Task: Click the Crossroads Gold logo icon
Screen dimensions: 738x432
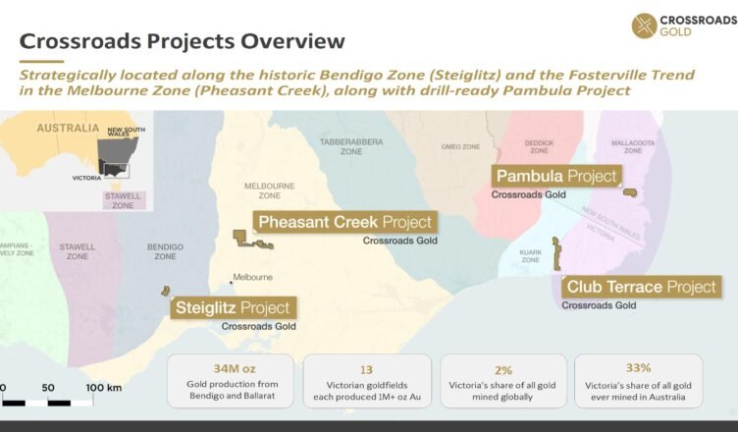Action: pyautogui.click(x=644, y=26)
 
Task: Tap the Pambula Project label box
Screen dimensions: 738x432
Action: pyautogui.click(x=556, y=176)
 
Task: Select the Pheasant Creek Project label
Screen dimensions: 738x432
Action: pyautogui.click(x=345, y=222)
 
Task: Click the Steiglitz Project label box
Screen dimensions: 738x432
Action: pyautogui.click(x=233, y=307)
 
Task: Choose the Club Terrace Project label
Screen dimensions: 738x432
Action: pyautogui.click(x=641, y=287)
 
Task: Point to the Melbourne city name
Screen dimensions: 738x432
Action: pyautogui.click(x=253, y=277)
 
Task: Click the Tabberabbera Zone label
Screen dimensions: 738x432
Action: pyautogui.click(x=351, y=146)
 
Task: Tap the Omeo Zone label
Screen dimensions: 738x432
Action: pyautogui.click(x=460, y=146)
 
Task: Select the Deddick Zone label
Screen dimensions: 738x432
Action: pyautogui.click(x=539, y=146)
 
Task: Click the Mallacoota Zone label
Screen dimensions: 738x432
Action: pyautogui.click(x=633, y=146)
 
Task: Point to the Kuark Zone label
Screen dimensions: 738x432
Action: pyautogui.click(x=530, y=256)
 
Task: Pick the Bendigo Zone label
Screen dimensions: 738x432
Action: pyautogui.click(x=165, y=251)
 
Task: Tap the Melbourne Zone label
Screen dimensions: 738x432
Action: pyautogui.click(x=269, y=190)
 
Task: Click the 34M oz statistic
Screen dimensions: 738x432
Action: pyautogui.click(x=235, y=368)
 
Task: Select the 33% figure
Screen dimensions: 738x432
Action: pyautogui.click(x=638, y=368)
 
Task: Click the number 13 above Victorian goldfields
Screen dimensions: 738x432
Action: pyautogui.click(x=366, y=370)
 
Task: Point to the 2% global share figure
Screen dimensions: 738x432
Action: pyautogui.click(x=503, y=370)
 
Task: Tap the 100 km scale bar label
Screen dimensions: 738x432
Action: pyautogui.click(x=104, y=388)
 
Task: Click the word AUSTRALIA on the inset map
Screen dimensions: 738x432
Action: pyautogui.click(x=68, y=129)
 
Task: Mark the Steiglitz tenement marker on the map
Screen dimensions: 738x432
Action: pyautogui.click(x=165, y=291)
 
